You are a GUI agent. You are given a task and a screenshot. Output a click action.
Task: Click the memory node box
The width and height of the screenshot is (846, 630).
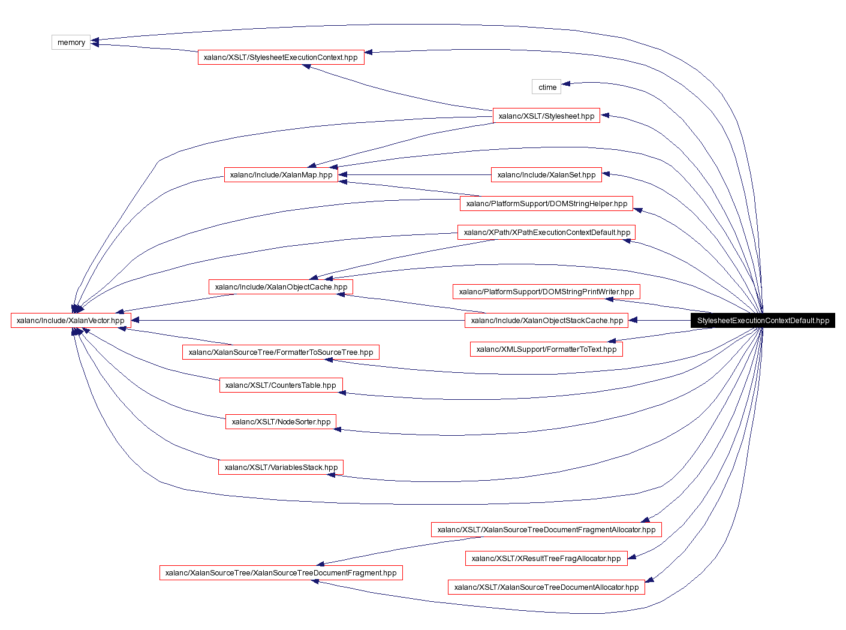coord(71,43)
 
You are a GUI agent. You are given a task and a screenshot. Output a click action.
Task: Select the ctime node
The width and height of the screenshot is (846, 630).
coord(546,87)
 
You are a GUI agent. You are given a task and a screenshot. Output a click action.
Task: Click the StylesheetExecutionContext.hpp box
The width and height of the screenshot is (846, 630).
coord(281,58)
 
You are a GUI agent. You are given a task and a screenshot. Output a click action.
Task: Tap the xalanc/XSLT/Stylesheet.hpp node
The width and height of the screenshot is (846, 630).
coord(546,116)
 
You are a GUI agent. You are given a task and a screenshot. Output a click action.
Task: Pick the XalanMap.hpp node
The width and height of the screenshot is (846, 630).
coord(281,175)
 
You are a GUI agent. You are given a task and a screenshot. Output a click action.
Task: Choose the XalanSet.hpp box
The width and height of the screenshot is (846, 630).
coord(546,175)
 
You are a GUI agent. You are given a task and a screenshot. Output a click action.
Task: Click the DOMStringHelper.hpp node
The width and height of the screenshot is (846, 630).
coord(546,204)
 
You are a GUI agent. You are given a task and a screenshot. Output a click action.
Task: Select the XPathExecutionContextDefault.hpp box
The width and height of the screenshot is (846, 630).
coord(546,233)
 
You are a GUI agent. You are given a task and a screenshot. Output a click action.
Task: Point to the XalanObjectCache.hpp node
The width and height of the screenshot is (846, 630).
coord(281,287)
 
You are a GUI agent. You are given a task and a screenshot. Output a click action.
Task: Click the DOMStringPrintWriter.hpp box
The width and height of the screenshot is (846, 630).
coord(546,292)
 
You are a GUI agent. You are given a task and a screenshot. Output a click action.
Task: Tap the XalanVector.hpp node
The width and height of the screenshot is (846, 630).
coord(71,321)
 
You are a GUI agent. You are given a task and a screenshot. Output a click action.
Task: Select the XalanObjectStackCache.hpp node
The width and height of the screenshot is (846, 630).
coord(546,321)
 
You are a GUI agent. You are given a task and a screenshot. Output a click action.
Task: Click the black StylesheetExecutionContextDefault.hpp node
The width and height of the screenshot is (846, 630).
coord(763,321)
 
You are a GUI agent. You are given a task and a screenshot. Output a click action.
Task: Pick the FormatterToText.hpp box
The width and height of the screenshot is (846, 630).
coord(546,349)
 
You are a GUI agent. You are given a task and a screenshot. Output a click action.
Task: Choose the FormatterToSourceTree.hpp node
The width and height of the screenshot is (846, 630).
coord(281,352)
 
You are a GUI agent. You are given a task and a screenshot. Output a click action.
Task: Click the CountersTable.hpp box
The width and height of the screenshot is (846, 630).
coord(281,385)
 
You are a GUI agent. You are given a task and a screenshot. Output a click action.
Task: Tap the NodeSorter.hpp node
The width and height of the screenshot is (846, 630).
coord(281,422)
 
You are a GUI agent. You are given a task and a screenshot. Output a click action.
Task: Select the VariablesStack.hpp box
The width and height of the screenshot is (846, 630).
coord(281,468)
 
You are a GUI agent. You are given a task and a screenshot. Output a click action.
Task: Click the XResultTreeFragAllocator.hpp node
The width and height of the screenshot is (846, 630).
coord(546,559)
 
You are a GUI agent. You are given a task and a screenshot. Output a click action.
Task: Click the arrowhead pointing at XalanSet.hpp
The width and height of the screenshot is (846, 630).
coord(606,174)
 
